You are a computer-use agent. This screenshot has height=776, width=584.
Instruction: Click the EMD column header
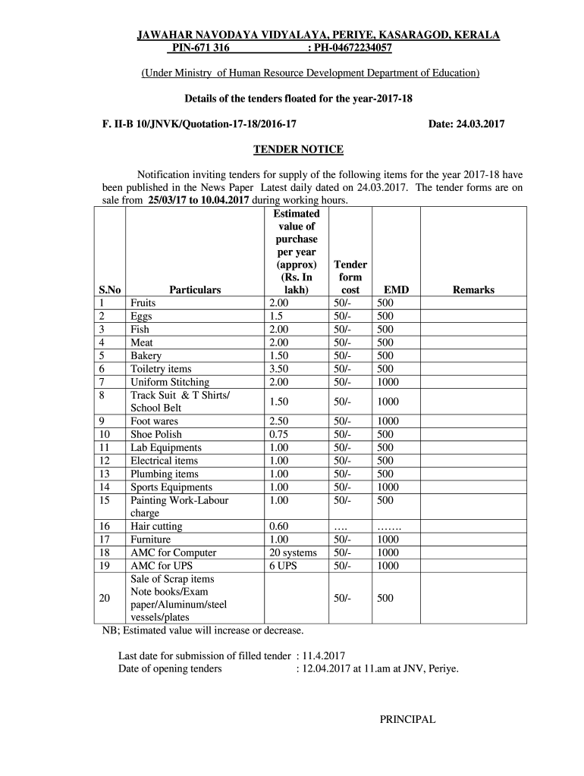tap(396, 290)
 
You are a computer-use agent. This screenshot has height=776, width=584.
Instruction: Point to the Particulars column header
tap(195, 290)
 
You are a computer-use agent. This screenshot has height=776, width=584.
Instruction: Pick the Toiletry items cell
tap(161, 369)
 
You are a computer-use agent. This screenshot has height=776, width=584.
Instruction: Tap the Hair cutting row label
tap(156, 526)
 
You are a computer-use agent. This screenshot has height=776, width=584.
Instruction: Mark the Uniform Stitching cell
tap(170, 382)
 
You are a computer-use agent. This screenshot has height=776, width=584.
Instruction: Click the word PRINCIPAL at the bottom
tap(407, 720)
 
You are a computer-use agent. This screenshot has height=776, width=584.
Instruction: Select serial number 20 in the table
tap(105, 598)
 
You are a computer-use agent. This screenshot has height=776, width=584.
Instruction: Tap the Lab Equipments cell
tap(166, 447)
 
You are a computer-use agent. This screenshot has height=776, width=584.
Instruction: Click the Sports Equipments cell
tap(171, 487)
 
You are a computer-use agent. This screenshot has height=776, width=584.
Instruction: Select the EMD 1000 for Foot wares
tap(388, 421)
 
